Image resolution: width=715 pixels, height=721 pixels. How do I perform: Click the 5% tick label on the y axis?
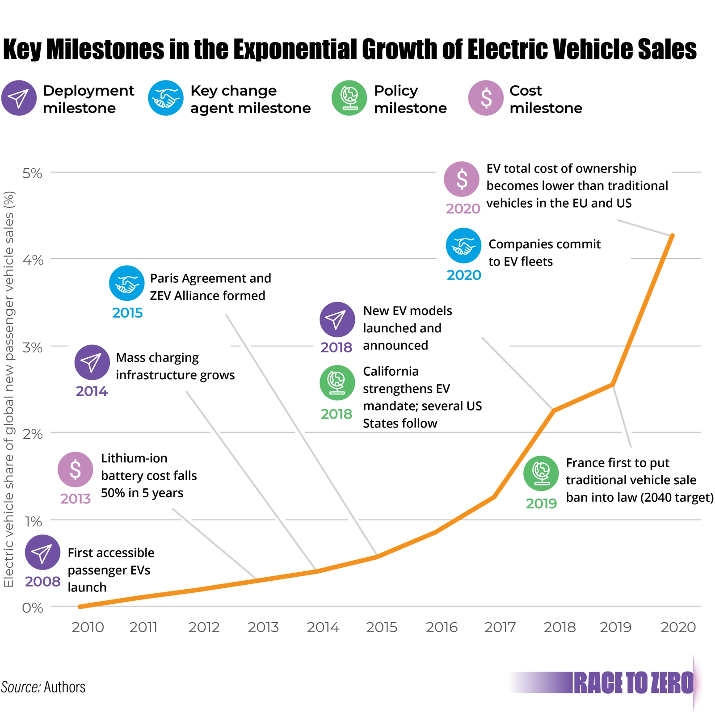32,173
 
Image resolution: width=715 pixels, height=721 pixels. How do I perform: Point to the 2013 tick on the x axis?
263,628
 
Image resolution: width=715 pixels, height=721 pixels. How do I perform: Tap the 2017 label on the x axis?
500,628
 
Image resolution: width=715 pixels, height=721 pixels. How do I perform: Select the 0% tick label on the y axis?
32,608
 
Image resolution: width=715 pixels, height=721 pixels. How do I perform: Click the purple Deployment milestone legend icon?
19,98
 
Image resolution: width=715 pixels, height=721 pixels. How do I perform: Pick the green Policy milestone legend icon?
349,98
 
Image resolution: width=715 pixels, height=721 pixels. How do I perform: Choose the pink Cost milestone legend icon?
486,98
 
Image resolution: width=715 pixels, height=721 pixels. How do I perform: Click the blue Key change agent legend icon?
166,98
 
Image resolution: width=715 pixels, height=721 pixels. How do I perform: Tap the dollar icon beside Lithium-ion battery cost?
75,469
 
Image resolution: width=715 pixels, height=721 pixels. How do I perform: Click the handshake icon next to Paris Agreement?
127,283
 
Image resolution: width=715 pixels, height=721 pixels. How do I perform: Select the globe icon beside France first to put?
541,473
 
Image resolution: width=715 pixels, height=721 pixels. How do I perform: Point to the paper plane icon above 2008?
42,552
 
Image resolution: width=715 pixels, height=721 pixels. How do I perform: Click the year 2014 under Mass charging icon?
92,391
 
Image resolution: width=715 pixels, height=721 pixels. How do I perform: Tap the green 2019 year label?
541,504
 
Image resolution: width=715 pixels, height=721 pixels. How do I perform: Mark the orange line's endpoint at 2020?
672,235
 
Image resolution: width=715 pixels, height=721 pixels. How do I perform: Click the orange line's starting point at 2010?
80,607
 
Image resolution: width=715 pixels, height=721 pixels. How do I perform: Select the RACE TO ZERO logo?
633,683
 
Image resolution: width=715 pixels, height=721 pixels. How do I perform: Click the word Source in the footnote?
21,687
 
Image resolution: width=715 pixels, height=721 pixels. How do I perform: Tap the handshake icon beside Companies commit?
463,246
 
